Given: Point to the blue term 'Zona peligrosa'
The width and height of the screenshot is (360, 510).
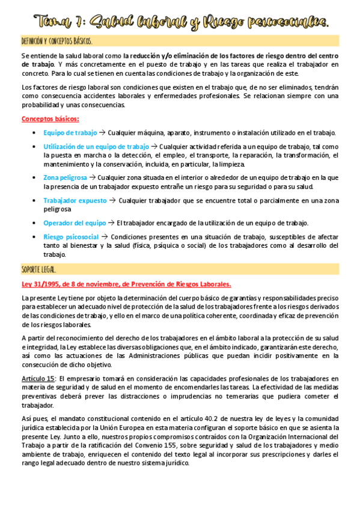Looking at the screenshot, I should pyautogui.click(x=65, y=177).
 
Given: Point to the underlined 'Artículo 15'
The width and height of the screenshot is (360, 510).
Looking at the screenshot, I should pyautogui.click(x=38, y=378).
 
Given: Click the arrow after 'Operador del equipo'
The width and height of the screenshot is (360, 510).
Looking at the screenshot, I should pyautogui.click(x=111, y=223).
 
